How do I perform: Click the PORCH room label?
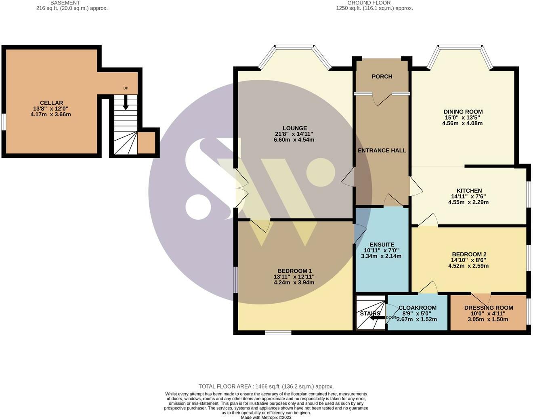(382, 77)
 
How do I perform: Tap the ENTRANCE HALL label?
(382, 150)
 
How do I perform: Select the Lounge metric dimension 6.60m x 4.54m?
(294, 140)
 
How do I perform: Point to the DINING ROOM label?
(463, 112)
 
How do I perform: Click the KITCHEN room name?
(469, 191)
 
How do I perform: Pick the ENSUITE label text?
(382, 245)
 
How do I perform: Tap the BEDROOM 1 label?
(294, 271)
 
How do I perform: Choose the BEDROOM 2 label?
(469, 254)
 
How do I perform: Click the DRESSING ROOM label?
(489, 308)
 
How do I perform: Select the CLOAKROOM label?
(418, 308)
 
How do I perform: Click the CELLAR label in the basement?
(52, 103)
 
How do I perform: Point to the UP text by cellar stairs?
(126, 88)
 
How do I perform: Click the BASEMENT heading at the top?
(65, 3)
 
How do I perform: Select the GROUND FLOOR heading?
(369, 3)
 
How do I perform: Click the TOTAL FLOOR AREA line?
(266, 386)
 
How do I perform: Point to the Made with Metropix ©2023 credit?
(266, 418)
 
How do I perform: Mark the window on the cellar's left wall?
(4, 122)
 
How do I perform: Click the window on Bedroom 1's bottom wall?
(278, 333)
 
